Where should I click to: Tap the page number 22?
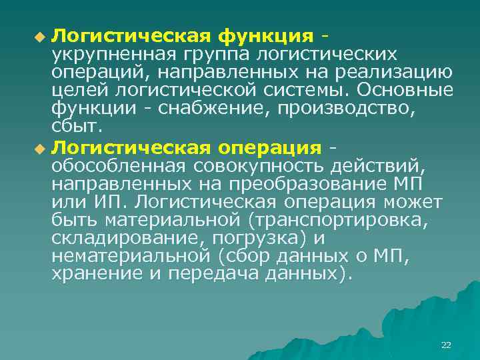click(446, 345)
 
